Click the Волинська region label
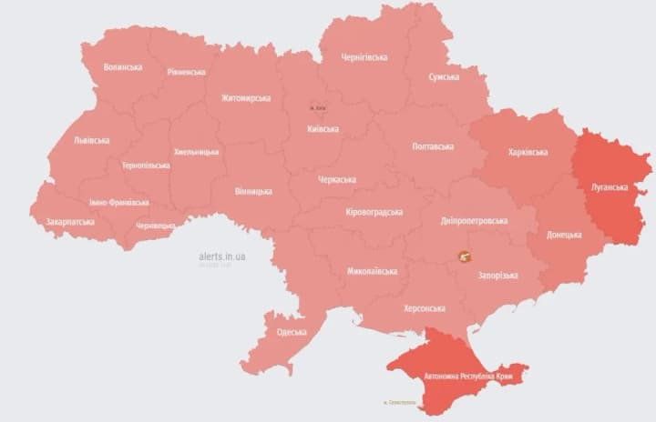coord(123,67)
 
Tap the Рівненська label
coord(186,72)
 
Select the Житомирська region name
coord(246,98)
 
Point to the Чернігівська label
coord(364,57)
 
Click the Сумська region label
coord(444,77)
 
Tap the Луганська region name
coord(610,187)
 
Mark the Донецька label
coord(564,235)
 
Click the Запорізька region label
coord(498,276)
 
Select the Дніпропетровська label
coord(474,221)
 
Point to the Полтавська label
coord(433,146)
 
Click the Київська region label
coord(323,129)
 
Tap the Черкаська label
coord(337,180)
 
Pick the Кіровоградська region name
coord(374,212)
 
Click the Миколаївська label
coord(372,272)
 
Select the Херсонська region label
coord(425,308)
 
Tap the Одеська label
coord(292,333)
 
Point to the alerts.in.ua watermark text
coord(221,256)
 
